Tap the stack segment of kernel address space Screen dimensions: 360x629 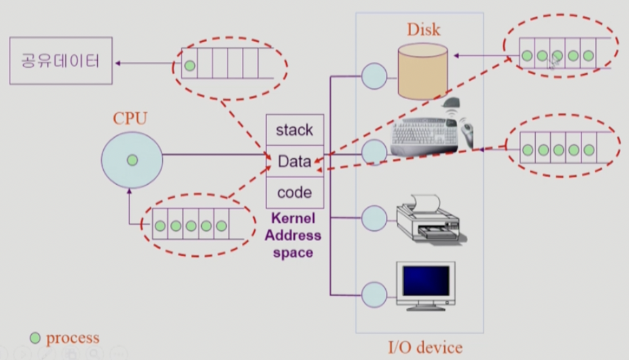[294, 130]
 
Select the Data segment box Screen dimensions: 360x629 [294, 162]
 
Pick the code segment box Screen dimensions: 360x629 [294, 193]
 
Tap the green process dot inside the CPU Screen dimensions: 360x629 [132, 160]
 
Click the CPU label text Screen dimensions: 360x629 [130, 119]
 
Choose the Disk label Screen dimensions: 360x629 [424, 30]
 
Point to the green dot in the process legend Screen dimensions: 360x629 [35, 338]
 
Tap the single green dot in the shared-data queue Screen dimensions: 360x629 [190, 67]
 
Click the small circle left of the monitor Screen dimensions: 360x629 [374, 294]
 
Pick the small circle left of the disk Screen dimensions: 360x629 [374, 76]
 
